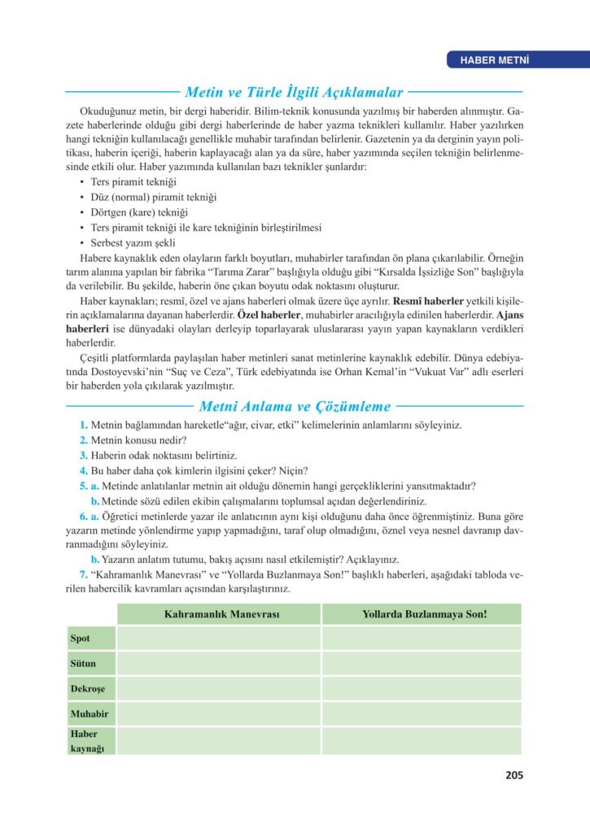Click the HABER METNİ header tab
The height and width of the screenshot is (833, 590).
tap(496, 59)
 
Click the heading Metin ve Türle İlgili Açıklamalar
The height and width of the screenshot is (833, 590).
tap(298, 93)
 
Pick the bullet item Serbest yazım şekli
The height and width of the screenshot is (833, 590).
tap(134, 242)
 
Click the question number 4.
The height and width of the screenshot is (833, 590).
tap(84, 470)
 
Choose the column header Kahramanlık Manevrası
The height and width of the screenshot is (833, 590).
tap(218, 614)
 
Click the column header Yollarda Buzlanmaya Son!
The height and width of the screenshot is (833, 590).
tap(423, 614)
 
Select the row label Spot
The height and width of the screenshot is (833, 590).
tap(81, 639)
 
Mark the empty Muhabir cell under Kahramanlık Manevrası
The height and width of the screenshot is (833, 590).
tap(218, 713)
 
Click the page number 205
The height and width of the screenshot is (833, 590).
tap(513, 775)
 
